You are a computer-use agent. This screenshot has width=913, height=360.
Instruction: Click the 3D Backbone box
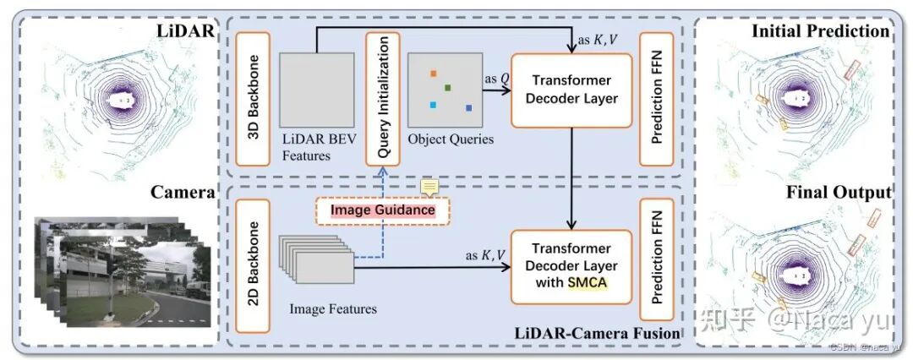tap(252, 99)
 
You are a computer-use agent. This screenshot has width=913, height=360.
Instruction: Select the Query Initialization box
tap(381, 99)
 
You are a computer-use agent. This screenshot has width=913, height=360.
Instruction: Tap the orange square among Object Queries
tap(434, 74)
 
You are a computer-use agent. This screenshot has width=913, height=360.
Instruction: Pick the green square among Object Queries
tap(447, 88)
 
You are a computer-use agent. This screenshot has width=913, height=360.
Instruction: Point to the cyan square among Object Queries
tap(433, 105)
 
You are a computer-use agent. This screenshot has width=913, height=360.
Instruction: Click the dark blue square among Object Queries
tap(468, 108)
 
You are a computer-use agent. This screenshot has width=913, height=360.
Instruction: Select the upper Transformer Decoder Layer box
tap(571, 90)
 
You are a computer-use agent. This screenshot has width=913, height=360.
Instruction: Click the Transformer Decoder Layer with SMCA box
tap(571, 266)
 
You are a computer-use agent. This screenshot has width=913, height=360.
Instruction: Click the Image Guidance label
tap(382, 210)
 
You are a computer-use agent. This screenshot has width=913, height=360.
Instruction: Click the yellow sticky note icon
tap(429, 187)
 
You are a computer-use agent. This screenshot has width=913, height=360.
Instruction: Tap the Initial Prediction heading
tap(820, 31)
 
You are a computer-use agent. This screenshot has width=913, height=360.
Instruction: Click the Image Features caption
tap(332, 309)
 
